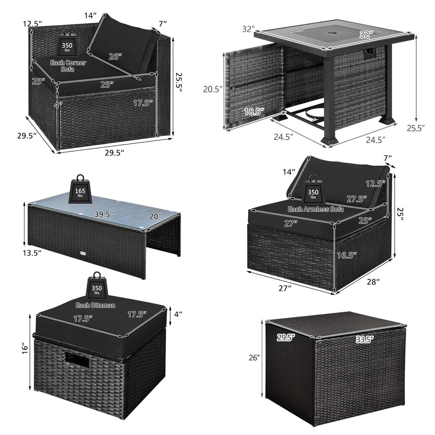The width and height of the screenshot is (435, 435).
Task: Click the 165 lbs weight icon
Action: click(80, 189)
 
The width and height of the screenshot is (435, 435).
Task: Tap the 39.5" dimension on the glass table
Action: click(104, 214)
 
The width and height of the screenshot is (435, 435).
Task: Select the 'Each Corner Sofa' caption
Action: click(68, 66)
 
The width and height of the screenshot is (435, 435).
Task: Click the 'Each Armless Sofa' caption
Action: click(315, 209)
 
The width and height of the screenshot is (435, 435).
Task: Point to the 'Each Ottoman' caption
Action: click(95, 305)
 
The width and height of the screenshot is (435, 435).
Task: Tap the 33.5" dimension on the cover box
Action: click(364, 338)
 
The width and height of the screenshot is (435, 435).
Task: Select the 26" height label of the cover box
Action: click(254, 358)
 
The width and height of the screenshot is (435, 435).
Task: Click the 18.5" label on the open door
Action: click(254, 111)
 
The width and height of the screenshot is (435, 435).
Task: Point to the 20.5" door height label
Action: click(213, 89)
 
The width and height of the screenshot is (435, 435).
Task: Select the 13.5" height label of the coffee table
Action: click(32, 253)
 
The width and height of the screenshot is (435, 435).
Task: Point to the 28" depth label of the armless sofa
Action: click(373, 282)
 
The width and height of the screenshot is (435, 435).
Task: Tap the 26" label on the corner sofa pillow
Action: click(115, 57)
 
